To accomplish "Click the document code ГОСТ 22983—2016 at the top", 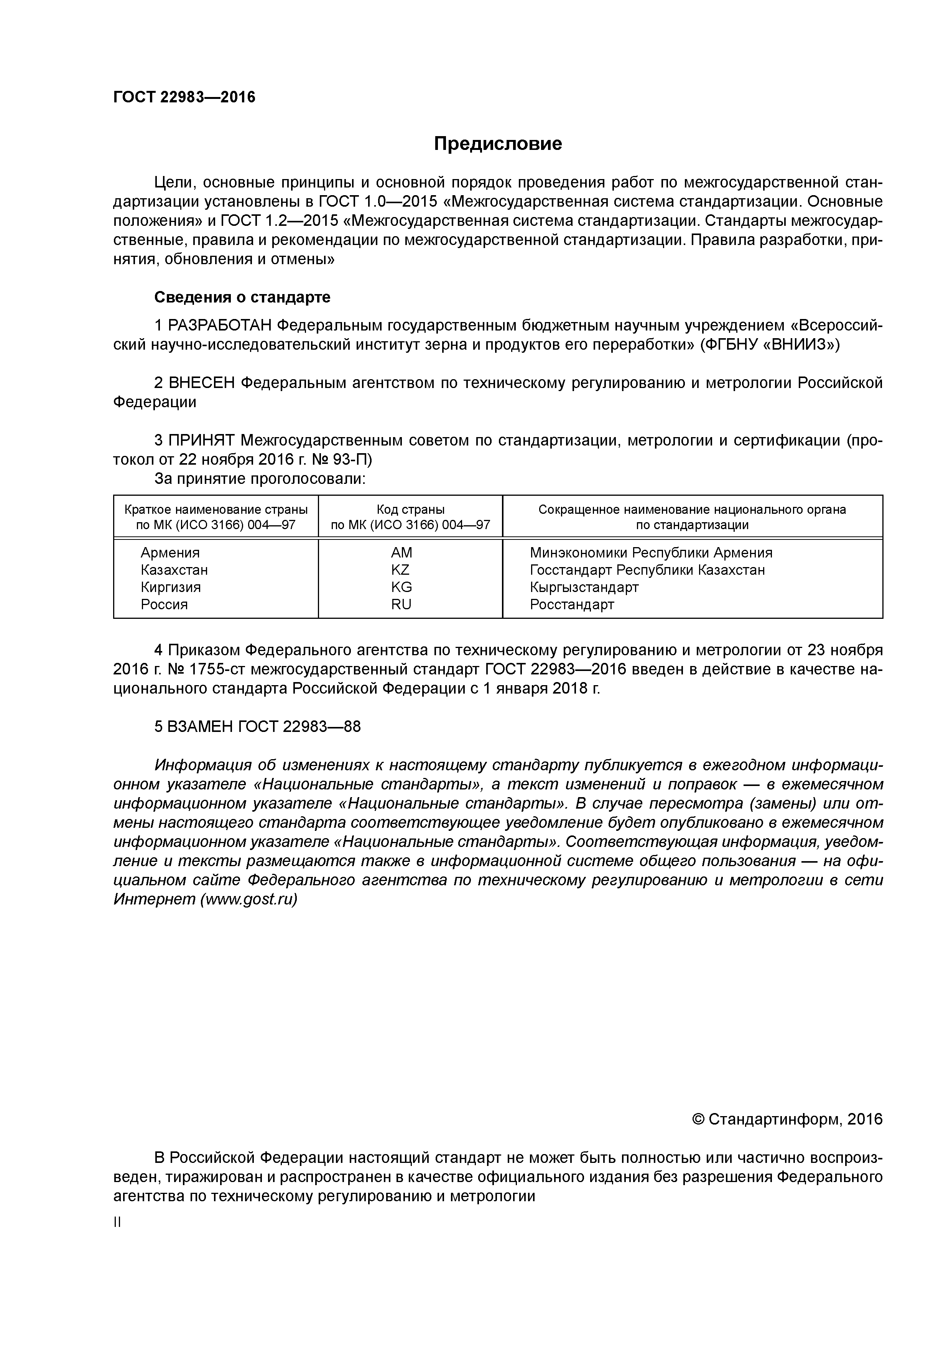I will click(x=184, y=97).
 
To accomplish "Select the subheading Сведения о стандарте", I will click(x=242, y=297).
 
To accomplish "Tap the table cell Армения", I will click(x=170, y=552).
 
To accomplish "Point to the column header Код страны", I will click(x=410, y=510).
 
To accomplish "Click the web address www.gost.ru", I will click(x=248, y=899).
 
